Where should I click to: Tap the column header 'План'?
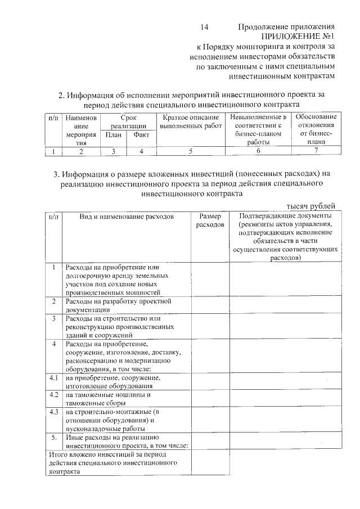coord(113,136)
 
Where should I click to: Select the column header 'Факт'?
coord(141,136)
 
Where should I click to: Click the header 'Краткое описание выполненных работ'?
coord(191,121)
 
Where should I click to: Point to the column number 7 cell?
coord(316,151)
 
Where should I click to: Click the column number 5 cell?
coord(191,151)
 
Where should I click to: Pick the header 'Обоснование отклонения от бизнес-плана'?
coord(316,130)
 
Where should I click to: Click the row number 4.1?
coord(54,378)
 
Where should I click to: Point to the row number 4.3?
coord(54,412)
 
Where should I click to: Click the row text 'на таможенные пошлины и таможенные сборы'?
coord(107,399)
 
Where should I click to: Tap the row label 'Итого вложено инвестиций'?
coord(112,463)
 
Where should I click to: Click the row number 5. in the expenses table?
coord(54,437)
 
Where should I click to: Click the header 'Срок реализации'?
coord(128,121)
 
